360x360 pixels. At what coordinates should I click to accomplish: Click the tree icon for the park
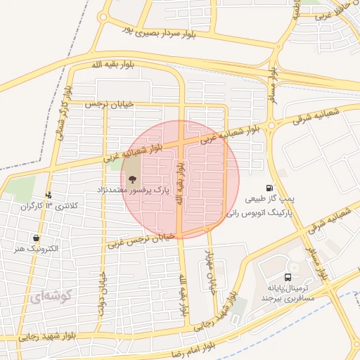pos(133,179)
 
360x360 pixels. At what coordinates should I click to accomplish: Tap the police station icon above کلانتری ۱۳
pos(48,195)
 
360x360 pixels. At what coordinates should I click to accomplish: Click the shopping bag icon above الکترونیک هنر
pos(36,238)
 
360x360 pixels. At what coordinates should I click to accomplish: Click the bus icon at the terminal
pos(288,278)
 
